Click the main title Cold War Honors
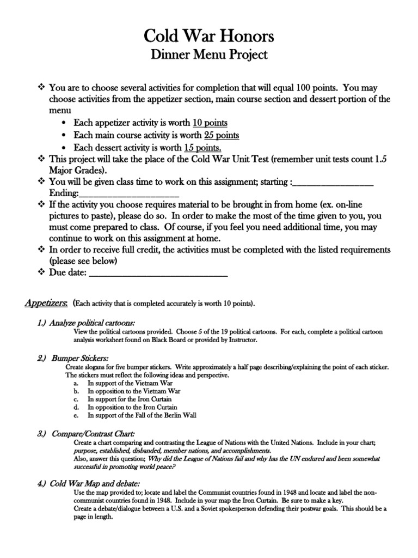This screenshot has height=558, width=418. (x=209, y=37)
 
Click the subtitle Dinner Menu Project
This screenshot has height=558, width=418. (x=209, y=55)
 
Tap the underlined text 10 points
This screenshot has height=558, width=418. (x=206, y=123)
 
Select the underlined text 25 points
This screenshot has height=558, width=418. (x=222, y=135)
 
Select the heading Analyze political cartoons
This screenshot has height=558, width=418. (x=86, y=323)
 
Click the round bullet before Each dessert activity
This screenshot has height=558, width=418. (x=65, y=148)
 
